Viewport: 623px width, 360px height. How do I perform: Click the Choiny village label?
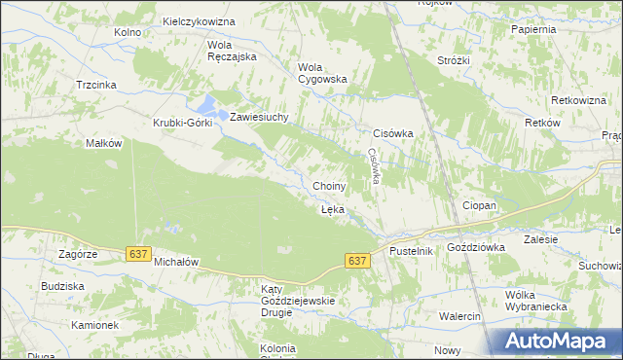click(x=329, y=186)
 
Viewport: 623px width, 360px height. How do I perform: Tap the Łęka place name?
click(x=332, y=209)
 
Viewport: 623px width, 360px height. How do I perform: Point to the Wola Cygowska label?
click(x=321, y=73)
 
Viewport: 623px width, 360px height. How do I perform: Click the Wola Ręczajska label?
click(x=231, y=51)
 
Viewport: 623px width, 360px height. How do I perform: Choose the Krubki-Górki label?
click(x=184, y=123)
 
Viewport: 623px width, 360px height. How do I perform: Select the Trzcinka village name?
click(x=96, y=85)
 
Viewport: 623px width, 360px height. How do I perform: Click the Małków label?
click(x=104, y=143)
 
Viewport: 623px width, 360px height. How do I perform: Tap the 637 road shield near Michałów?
click(x=138, y=253)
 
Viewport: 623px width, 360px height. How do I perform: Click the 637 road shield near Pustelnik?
click(x=357, y=261)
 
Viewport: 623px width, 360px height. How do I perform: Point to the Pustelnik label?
click(x=410, y=251)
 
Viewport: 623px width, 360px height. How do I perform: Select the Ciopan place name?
click(x=479, y=206)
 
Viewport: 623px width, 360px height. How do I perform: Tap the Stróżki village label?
click(x=454, y=60)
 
